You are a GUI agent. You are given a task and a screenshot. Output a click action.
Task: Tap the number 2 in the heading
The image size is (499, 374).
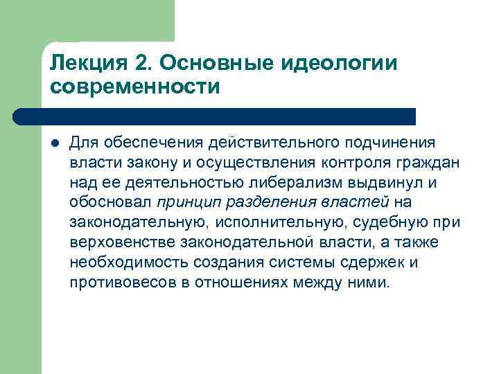[144, 64]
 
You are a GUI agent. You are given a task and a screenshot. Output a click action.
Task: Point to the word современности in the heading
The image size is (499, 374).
[135, 88]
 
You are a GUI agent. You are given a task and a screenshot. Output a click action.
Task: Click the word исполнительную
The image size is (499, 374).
[264, 223]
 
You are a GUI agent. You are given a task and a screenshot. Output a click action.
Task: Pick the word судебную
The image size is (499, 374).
[377, 223]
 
